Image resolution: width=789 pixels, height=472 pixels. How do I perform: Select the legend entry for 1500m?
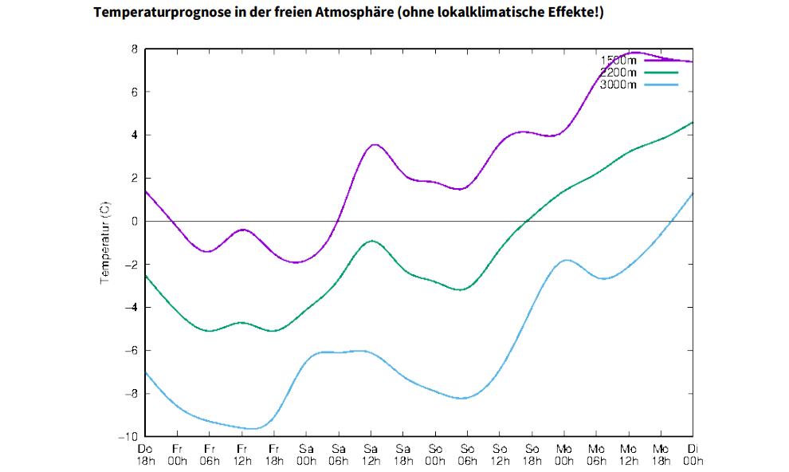tap(618, 60)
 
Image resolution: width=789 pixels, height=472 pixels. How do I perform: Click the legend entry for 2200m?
tap(618, 73)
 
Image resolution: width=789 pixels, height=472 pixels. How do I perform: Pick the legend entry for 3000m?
tap(618, 85)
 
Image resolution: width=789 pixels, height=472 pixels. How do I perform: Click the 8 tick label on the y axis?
tap(135, 49)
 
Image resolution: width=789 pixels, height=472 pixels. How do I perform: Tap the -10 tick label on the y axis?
tap(128, 436)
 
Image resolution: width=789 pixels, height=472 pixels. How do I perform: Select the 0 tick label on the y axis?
tap(135, 221)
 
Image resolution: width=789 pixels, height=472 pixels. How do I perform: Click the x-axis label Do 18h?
tap(145, 454)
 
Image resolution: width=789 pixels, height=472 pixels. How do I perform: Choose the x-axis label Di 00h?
tap(693, 454)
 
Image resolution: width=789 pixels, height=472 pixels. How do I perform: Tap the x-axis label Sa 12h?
tap(371, 454)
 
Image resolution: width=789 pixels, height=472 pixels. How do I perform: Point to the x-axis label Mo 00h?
tap(564, 454)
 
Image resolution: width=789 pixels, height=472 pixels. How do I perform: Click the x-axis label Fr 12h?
tap(241, 454)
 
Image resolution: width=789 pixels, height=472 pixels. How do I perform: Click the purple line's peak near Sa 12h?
tap(374, 144)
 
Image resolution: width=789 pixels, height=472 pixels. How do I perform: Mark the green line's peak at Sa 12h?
tap(371, 240)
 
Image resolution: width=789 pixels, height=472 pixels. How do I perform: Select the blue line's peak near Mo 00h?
tap(567, 260)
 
